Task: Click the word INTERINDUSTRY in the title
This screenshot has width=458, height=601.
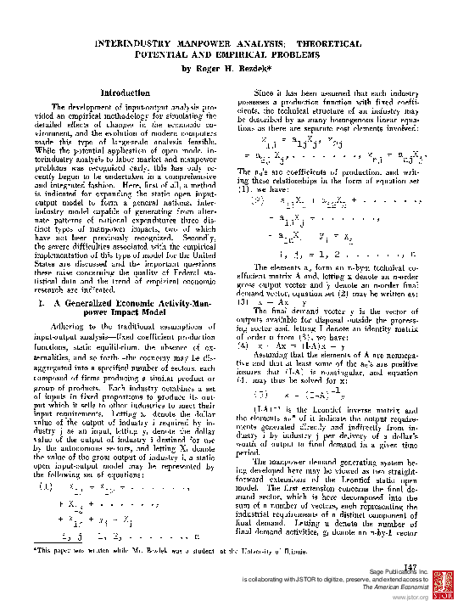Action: tap(136, 42)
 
